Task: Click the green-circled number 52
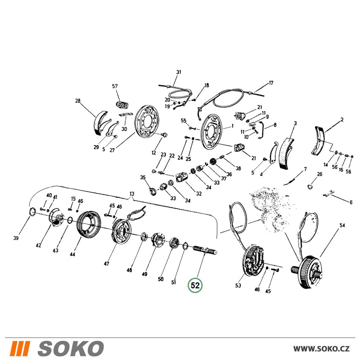pos(195,285)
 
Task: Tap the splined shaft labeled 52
pos(205,249)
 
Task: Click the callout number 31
pos(179,72)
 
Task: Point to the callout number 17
pos(271,83)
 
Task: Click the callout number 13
pos(131,194)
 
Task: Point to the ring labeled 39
pos(32,211)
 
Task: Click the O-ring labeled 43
pos(70,220)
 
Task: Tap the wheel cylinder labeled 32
pos(182,178)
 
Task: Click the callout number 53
pos(238,285)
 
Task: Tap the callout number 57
pos(115,86)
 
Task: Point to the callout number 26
pos(320,174)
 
